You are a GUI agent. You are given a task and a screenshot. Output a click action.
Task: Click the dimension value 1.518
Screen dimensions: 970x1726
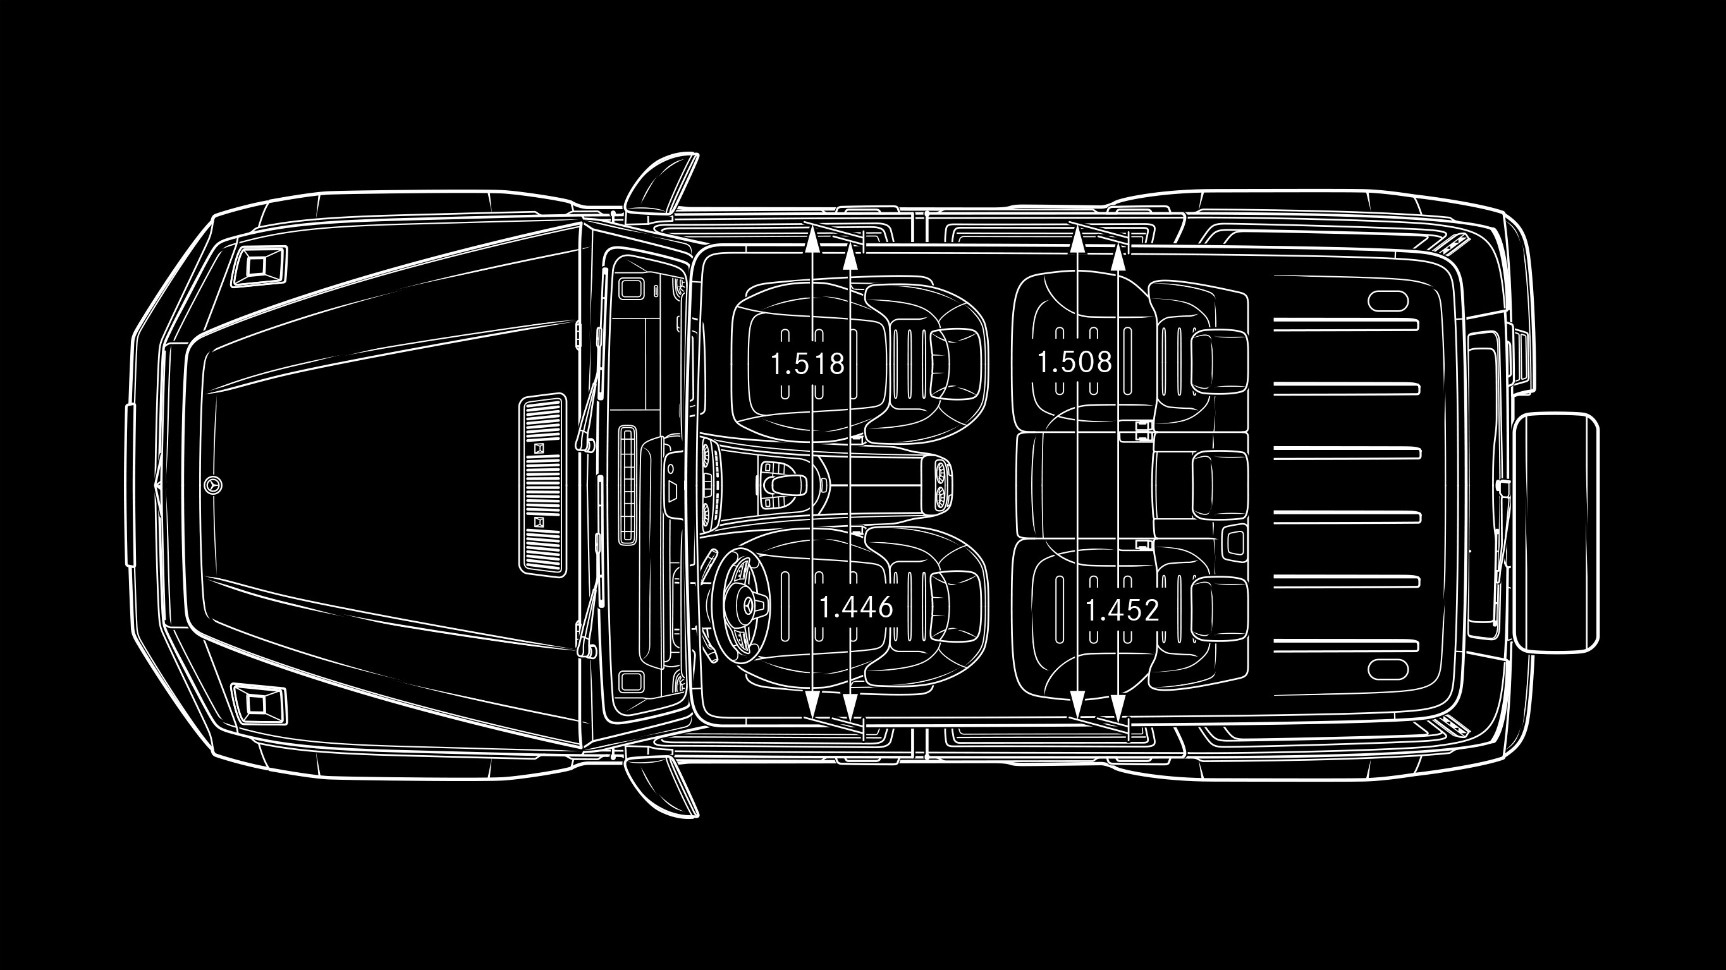(x=807, y=364)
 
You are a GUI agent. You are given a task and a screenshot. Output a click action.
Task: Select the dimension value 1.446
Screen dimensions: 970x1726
(x=856, y=607)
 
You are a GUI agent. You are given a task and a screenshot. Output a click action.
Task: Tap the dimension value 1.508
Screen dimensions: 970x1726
(x=1074, y=361)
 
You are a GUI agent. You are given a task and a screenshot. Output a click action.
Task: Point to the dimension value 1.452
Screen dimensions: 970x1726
(x=1122, y=610)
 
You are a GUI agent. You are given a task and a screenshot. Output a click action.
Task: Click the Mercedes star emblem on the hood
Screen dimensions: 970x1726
(x=213, y=486)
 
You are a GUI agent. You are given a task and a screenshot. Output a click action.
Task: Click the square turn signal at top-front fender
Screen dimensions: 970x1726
(x=258, y=266)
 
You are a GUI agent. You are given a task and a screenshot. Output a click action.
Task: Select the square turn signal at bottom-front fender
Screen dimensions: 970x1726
(x=258, y=704)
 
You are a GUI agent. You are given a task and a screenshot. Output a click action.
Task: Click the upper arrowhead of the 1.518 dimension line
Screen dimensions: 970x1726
(x=812, y=238)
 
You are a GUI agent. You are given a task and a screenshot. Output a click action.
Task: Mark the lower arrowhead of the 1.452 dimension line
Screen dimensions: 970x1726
(x=1118, y=706)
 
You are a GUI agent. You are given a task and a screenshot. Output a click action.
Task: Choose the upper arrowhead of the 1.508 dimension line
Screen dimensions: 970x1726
(x=1077, y=238)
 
